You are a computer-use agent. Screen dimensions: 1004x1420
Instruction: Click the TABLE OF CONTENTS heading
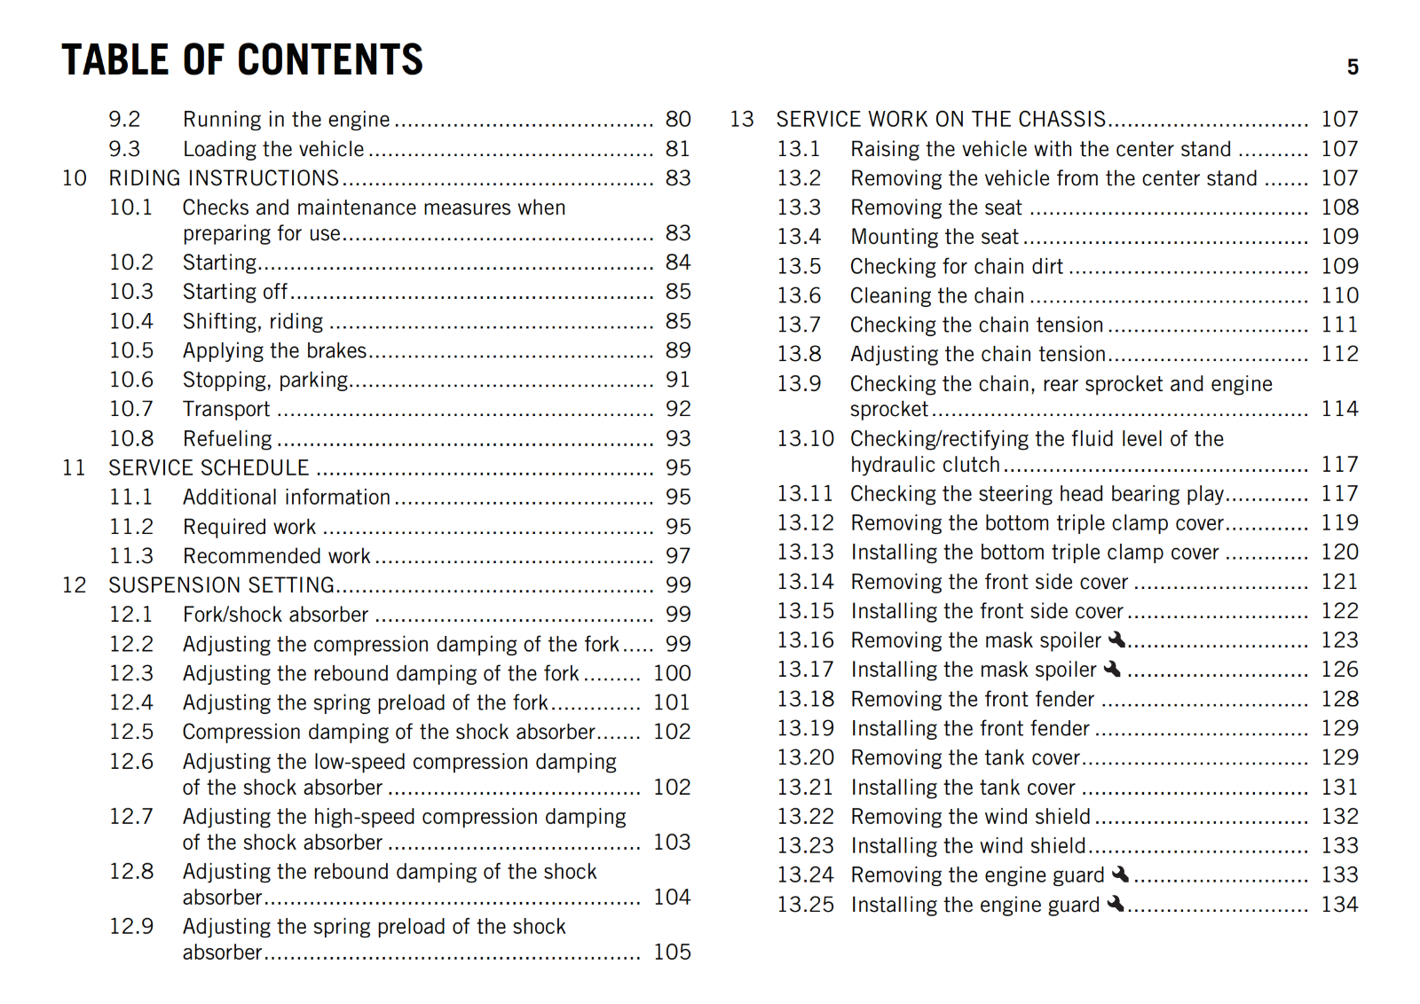[x=242, y=60]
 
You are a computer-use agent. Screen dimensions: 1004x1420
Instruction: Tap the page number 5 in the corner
[x=1353, y=67]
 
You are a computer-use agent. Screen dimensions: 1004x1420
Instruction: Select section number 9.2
[x=124, y=120]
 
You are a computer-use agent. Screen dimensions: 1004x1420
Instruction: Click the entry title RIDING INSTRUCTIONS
[x=224, y=178]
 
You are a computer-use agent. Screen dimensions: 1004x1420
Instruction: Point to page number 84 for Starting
[x=678, y=263]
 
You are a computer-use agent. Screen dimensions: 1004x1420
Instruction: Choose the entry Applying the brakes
[x=274, y=350]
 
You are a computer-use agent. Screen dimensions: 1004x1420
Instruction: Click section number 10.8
[x=131, y=439]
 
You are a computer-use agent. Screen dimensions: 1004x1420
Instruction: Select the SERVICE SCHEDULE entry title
[x=209, y=468]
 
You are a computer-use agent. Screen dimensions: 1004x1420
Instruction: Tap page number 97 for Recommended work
[x=678, y=556]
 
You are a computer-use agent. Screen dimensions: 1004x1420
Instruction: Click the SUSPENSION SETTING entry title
[x=221, y=585]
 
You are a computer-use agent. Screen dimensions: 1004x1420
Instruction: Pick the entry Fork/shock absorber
[x=275, y=615]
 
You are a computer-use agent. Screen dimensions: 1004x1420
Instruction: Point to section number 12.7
[x=131, y=817]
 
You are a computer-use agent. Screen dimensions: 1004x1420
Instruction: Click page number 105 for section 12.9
[x=672, y=953]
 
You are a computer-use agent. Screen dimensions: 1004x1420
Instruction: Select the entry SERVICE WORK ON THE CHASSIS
[x=941, y=120]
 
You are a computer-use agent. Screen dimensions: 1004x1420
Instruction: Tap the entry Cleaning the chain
[x=937, y=295]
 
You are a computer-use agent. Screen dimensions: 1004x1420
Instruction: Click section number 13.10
[x=806, y=439]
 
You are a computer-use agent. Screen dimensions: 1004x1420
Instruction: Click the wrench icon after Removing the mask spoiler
[x=1117, y=639]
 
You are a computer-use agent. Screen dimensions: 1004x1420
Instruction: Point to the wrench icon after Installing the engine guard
[x=1116, y=904]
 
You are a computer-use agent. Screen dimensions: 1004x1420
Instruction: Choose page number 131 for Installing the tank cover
[x=1339, y=788]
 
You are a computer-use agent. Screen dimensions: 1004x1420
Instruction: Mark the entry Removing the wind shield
[x=970, y=817]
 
